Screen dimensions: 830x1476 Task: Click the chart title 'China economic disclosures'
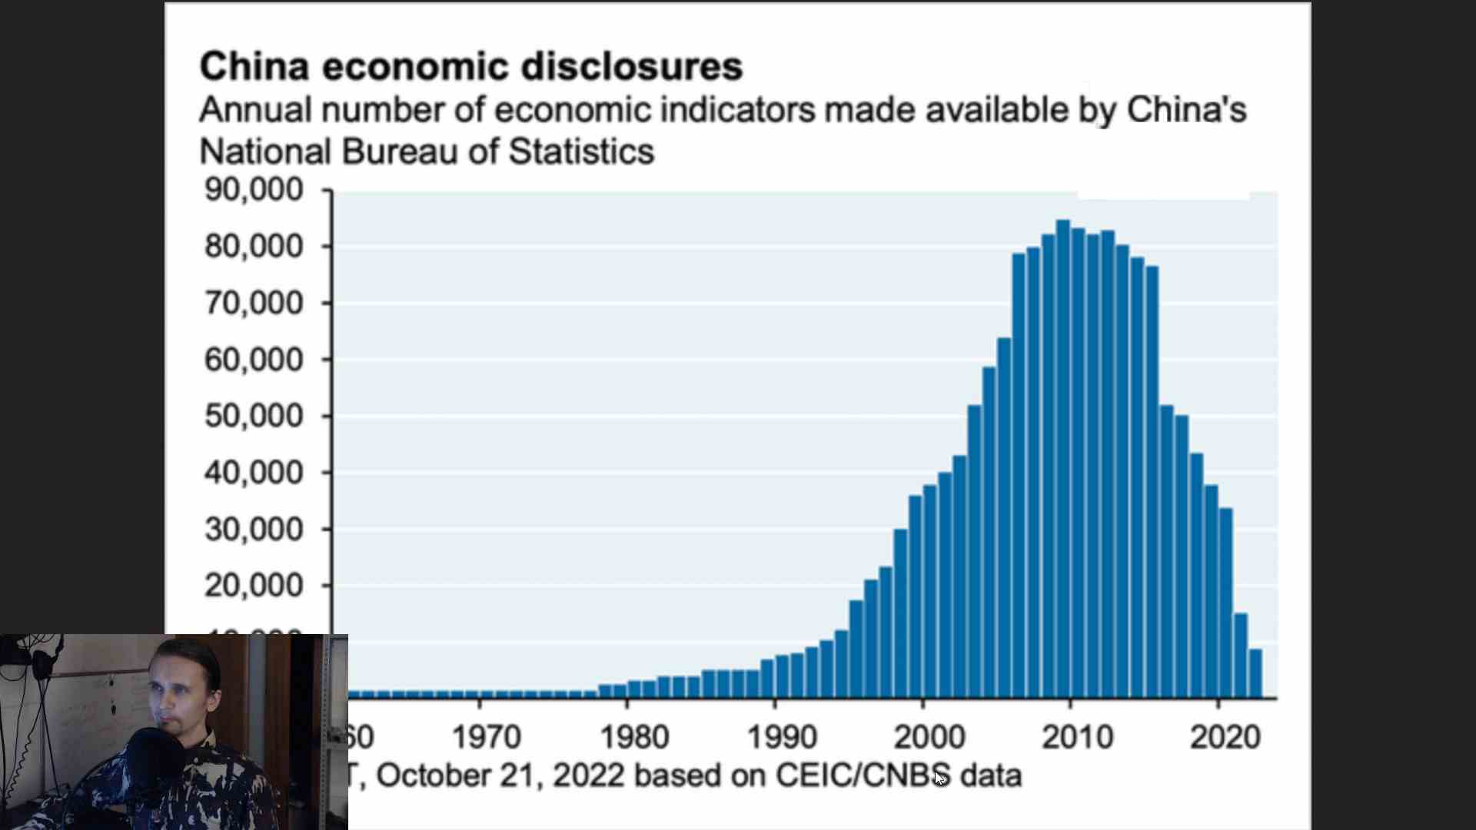pos(470,66)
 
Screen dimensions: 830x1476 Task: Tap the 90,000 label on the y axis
pos(254,189)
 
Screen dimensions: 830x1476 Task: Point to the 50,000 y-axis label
pos(254,416)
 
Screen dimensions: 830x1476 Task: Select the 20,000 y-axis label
pos(254,586)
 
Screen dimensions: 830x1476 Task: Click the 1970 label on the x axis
pos(486,737)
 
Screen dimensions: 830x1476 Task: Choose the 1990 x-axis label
pos(782,737)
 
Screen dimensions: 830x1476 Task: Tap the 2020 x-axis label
pos(1225,737)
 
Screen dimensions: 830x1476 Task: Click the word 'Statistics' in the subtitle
pos(581,151)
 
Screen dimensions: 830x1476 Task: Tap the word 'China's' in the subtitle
pos(1186,110)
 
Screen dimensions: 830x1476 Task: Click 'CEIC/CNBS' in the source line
pos(863,775)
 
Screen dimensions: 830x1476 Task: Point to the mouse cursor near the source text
pos(939,777)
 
